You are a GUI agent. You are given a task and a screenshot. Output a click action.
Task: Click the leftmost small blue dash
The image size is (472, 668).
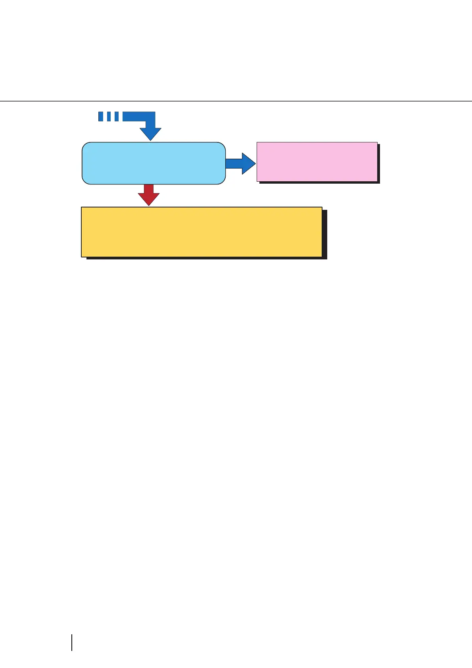tap(101, 117)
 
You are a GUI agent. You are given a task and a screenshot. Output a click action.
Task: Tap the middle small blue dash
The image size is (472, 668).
tap(109, 117)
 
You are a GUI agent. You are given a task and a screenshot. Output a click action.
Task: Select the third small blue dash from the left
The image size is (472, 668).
tap(117, 117)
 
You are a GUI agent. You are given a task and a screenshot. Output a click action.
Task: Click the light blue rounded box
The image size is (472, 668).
tap(153, 163)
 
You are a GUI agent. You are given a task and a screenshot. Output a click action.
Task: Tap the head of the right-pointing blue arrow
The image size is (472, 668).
tap(249, 163)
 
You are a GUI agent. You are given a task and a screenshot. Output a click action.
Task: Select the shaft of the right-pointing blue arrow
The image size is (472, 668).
tap(234, 163)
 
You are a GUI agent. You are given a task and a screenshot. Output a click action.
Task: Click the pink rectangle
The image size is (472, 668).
tap(317, 161)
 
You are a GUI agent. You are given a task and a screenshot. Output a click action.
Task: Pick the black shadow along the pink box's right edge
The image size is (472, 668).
tap(379, 163)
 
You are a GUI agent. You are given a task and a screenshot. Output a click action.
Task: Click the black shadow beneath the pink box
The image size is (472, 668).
tap(319, 182)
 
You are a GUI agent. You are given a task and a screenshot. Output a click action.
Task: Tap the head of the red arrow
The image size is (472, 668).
tap(149, 199)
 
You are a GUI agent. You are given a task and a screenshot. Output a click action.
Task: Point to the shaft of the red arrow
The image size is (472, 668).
tap(149, 189)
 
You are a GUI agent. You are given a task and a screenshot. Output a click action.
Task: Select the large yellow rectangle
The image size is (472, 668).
tap(201, 232)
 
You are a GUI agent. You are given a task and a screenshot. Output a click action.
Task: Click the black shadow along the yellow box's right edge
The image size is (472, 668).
tap(324, 234)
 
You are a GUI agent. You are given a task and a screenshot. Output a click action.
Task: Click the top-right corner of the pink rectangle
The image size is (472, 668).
tap(377, 142)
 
